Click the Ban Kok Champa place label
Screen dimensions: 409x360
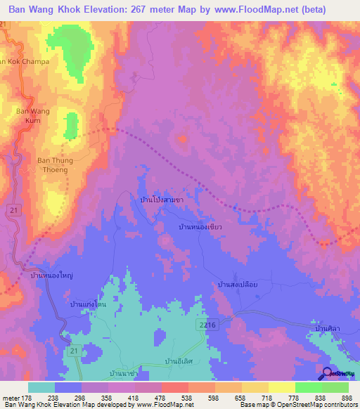25,62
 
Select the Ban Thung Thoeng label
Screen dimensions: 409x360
52,164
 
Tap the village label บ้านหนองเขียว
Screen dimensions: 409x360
200,228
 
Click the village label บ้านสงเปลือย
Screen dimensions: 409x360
240,285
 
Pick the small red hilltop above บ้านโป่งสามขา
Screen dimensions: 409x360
183,140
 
